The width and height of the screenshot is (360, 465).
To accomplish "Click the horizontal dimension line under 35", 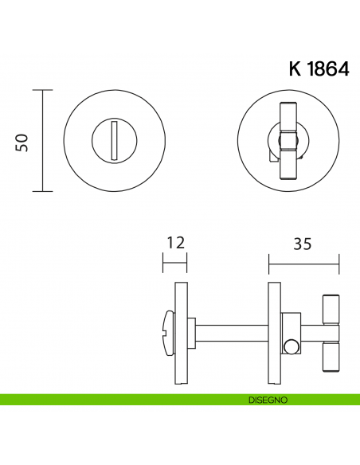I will pos(303,263).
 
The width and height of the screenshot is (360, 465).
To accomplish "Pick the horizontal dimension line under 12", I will pos(174,263).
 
